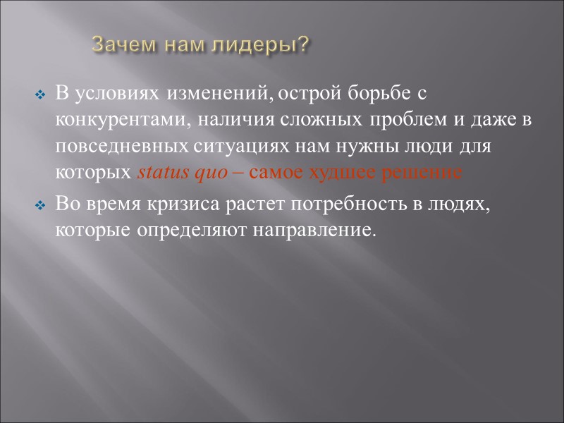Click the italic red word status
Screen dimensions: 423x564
[x=157, y=173]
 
